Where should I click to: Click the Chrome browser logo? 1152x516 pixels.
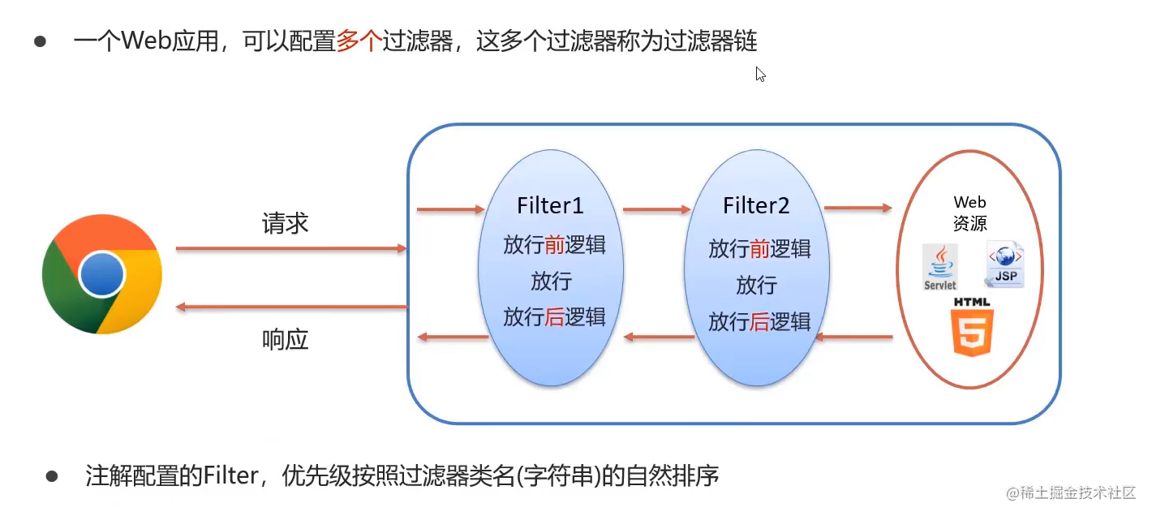(102, 274)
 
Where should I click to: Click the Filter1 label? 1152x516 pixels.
(550, 206)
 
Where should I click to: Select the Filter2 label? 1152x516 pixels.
(756, 206)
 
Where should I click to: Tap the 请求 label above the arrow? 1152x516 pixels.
(286, 224)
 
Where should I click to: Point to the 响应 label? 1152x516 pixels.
(286, 339)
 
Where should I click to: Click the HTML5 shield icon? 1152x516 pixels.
(973, 328)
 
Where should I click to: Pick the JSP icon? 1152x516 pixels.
(1004, 264)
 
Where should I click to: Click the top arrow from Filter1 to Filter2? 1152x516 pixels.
(657, 210)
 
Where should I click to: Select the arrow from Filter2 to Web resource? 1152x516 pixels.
(858, 209)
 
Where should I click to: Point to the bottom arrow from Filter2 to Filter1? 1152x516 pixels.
(658, 337)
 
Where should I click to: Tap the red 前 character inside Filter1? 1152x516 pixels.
(554, 245)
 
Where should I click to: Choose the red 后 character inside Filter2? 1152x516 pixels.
(760, 321)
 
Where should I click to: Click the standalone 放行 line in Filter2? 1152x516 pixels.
(756, 286)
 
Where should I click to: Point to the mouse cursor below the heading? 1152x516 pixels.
(760, 75)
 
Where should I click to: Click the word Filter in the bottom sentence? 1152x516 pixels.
(229, 475)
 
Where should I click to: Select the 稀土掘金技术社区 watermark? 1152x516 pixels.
(1071, 492)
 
